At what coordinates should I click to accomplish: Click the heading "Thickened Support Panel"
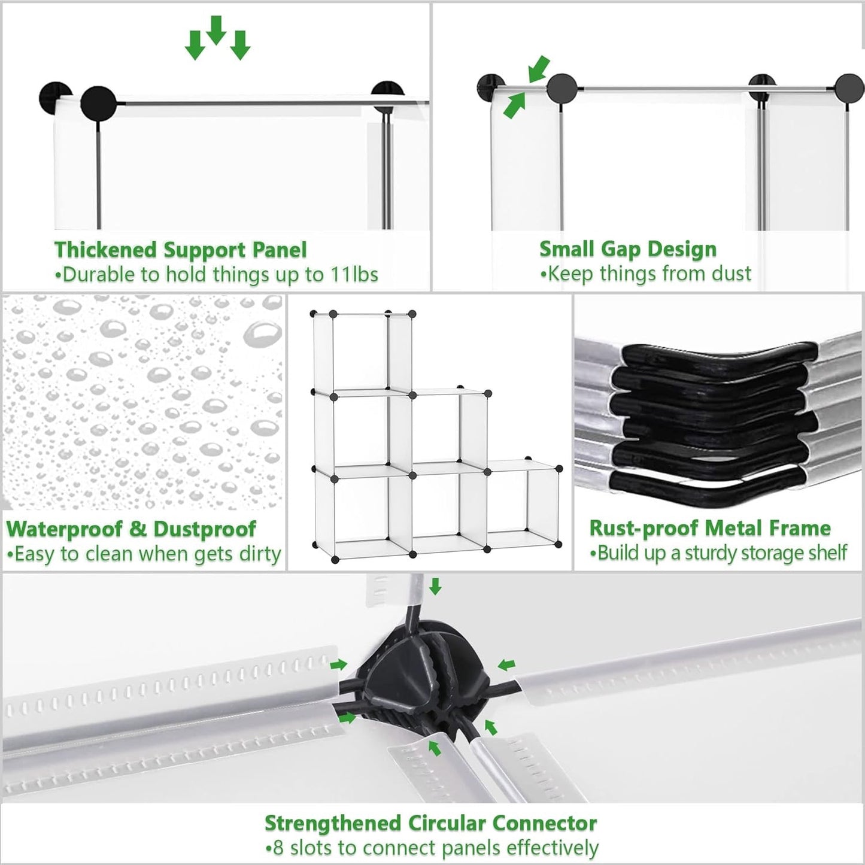point(180,250)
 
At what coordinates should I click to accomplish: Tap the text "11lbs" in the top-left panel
point(354,275)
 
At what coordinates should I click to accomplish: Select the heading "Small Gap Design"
point(628,250)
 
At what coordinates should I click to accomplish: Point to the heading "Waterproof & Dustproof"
point(131,529)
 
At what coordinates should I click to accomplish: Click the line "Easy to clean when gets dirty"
point(144,554)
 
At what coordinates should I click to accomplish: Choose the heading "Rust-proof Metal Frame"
point(710,529)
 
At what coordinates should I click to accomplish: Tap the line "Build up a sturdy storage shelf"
point(719,553)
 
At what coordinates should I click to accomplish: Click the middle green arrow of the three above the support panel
point(216,31)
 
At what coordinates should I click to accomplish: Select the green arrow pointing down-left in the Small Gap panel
point(539,69)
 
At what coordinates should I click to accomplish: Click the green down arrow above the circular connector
point(435,586)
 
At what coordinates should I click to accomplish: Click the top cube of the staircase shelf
point(362,353)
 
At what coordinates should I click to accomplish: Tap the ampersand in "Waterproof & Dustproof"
point(138,529)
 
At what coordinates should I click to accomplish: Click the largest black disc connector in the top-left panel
point(98,104)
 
